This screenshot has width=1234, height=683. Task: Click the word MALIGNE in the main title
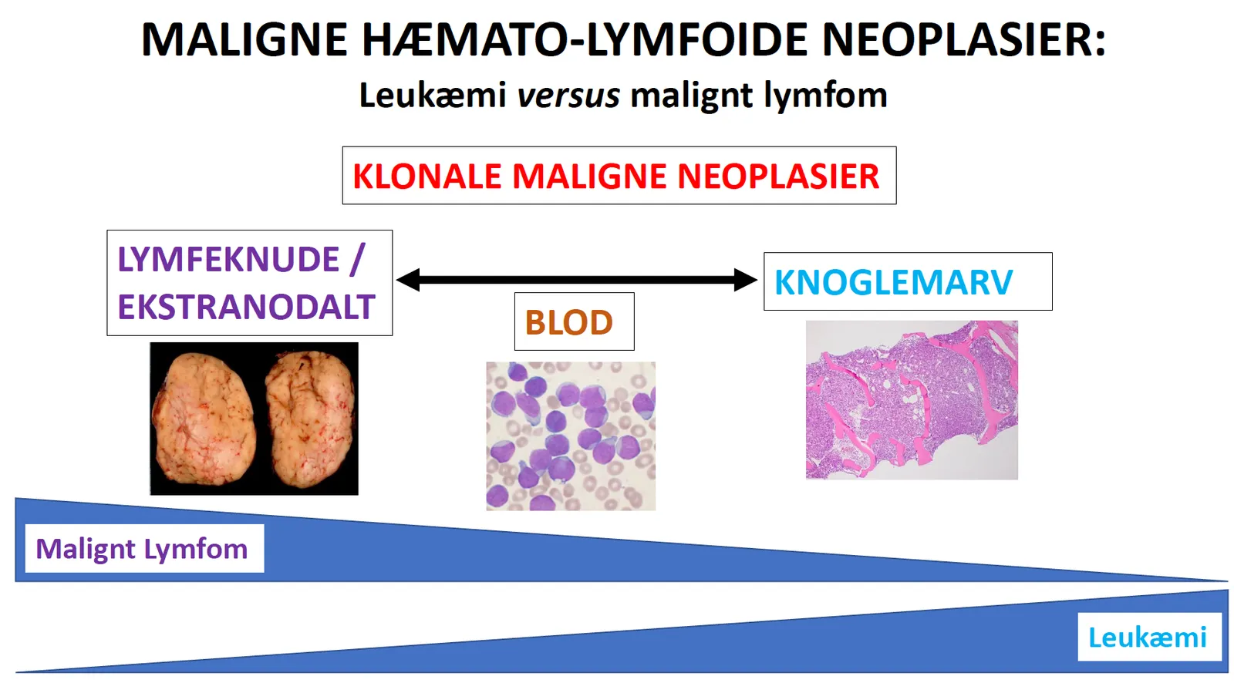tap(244, 39)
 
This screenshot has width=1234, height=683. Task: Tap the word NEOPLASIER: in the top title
tap(963, 39)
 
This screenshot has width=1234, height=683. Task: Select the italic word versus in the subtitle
tap(568, 96)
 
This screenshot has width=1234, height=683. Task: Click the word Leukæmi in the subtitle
tap(433, 94)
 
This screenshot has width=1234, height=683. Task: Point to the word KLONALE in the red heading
tap(427, 177)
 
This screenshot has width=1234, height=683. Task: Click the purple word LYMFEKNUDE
tap(228, 259)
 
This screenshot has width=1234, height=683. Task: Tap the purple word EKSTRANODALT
tap(246, 307)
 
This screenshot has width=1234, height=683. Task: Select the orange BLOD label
tap(568, 322)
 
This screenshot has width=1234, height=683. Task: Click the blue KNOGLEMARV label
tap(894, 282)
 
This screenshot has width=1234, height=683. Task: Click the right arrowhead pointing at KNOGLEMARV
tap(745, 280)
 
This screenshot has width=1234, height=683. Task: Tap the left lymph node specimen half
tap(205, 419)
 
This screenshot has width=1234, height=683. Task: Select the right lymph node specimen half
tap(309, 419)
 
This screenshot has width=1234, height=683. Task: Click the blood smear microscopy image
tap(571, 436)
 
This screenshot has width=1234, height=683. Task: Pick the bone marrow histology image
tap(912, 400)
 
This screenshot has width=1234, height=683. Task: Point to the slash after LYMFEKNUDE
tap(358, 259)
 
